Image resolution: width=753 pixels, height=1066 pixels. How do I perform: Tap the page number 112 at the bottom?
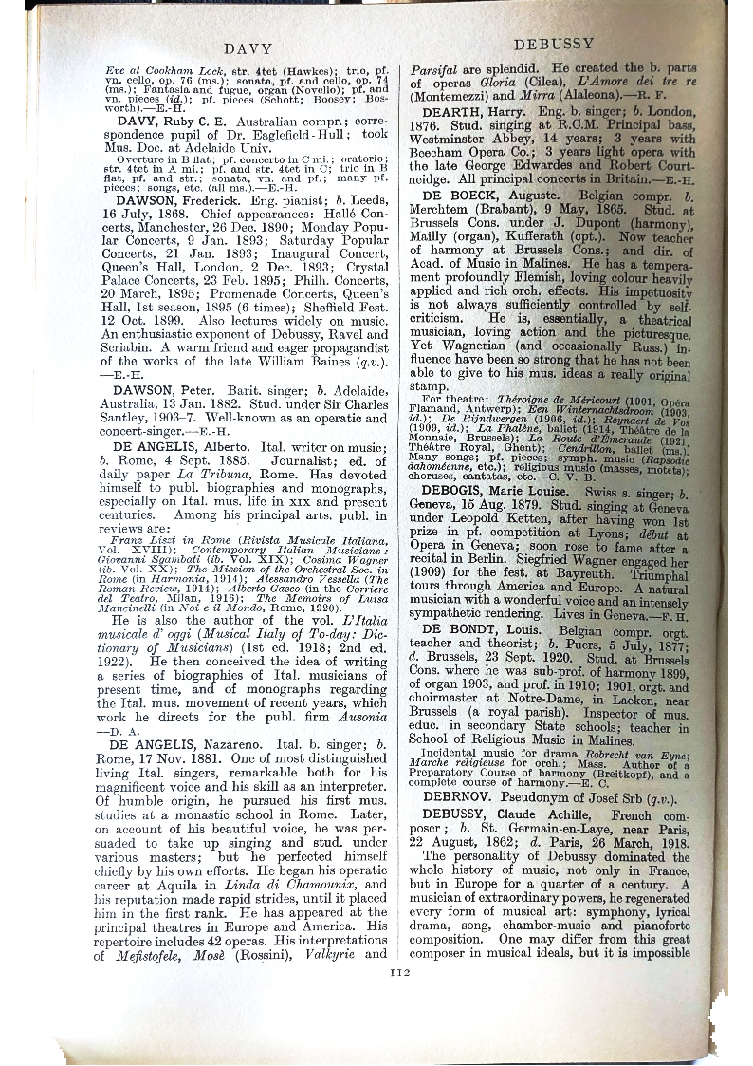tap(399, 971)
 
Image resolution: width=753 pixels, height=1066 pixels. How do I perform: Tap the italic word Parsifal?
tap(436, 69)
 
